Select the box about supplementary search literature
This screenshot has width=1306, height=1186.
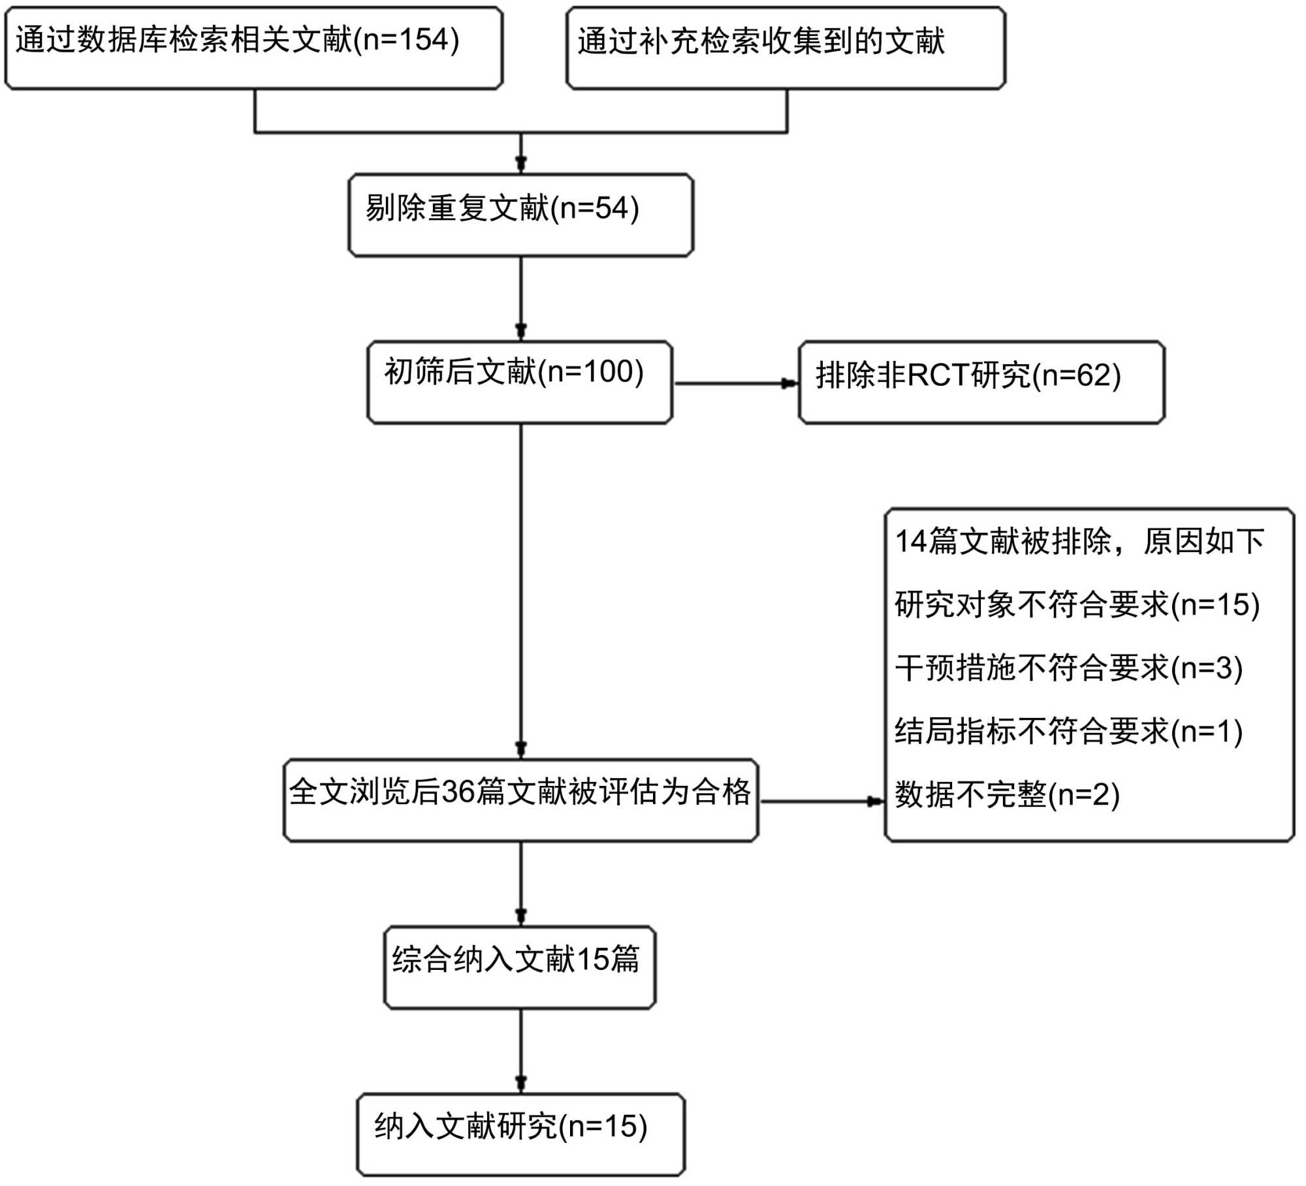tap(786, 48)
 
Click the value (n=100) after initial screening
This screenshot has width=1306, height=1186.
tap(590, 372)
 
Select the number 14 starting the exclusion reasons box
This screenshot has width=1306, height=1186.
tap(910, 541)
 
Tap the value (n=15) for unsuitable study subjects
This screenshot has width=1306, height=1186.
tap(1215, 604)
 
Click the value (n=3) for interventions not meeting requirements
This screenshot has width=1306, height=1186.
tap(1207, 668)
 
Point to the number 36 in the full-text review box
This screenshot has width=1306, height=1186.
tap(458, 792)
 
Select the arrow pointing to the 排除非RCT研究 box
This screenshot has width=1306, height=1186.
tap(789, 383)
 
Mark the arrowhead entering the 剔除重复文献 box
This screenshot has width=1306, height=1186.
tap(520, 163)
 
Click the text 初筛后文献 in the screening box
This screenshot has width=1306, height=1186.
tap(460, 372)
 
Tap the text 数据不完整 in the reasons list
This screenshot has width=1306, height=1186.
tap(970, 794)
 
